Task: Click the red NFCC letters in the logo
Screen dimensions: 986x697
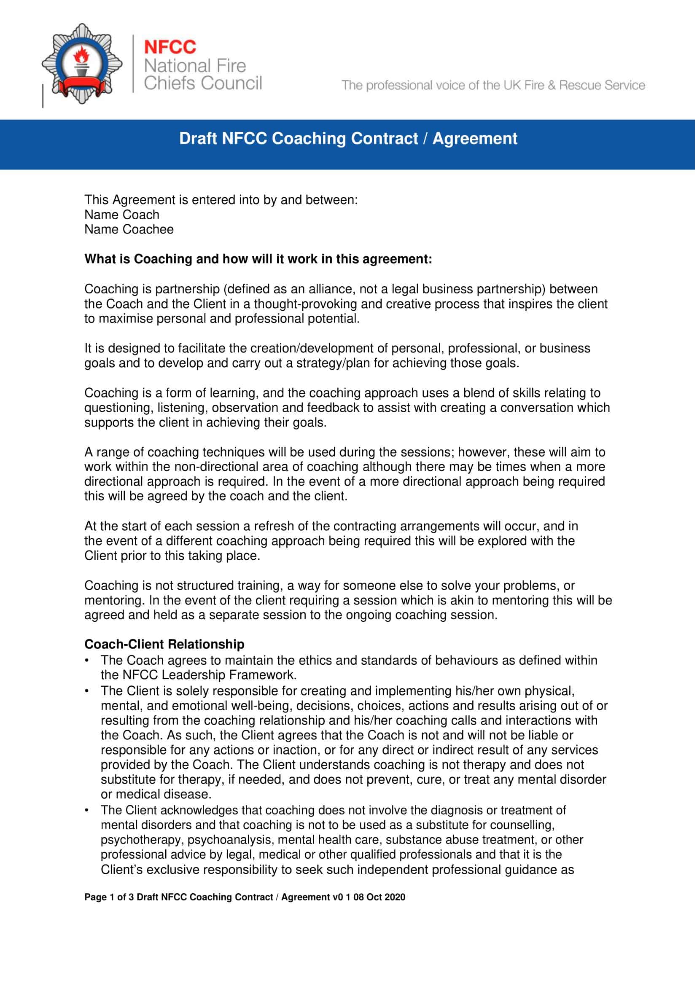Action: click(170, 47)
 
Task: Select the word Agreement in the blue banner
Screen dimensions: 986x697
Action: click(475, 139)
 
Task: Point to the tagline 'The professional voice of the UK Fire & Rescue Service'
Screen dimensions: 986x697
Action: click(493, 85)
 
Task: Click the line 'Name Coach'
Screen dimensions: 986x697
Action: click(122, 215)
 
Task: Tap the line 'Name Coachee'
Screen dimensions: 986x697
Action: click(129, 229)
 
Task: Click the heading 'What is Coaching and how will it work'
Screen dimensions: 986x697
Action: click(258, 259)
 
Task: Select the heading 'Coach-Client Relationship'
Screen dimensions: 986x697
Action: click(164, 644)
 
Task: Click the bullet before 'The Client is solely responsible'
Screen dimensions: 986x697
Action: click(87, 691)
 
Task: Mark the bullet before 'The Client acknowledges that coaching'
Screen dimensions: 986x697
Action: click(87, 810)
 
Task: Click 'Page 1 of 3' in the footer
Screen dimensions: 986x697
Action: click(109, 897)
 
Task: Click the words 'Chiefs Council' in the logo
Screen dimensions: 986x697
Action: click(203, 83)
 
